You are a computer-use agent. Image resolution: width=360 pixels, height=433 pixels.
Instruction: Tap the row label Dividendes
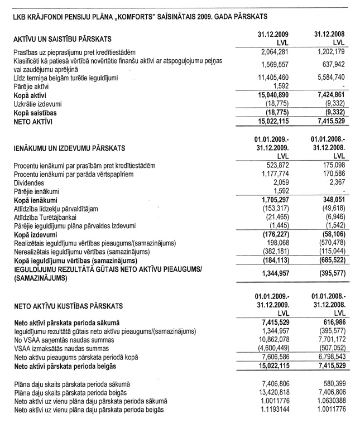point(27,182)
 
